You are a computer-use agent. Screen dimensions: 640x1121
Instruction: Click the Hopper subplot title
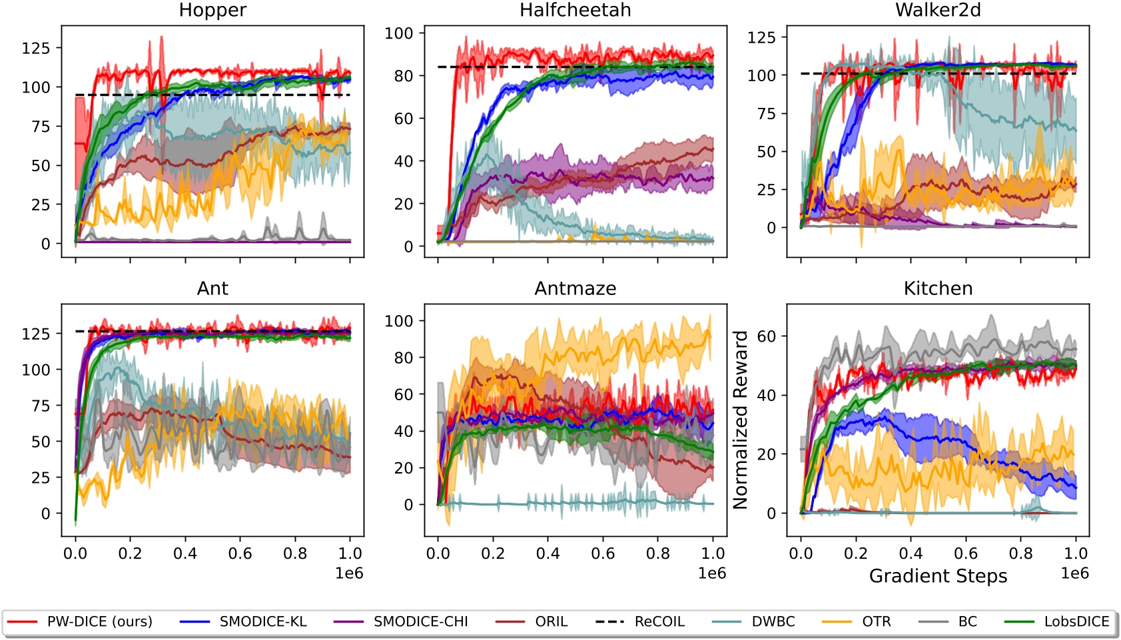[212, 11]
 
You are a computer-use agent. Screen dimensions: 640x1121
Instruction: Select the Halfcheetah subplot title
[575, 11]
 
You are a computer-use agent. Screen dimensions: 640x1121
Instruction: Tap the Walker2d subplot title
[938, 11]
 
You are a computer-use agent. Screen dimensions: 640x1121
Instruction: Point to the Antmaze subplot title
[575, 288]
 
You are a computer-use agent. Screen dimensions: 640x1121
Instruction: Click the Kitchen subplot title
[938, 288]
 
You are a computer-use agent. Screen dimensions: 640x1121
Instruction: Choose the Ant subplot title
[212, 288]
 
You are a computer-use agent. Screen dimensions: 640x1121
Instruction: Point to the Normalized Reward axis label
[741, 420]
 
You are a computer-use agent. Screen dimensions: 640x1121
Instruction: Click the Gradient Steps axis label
[938, 576]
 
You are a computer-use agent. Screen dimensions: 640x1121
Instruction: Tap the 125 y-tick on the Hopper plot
[36, 48]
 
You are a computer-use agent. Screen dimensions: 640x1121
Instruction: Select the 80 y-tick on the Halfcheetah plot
[404, 76]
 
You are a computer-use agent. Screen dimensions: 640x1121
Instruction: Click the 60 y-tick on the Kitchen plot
[767, 336]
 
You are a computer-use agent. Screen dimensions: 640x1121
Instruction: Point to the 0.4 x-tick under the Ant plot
[185, 553]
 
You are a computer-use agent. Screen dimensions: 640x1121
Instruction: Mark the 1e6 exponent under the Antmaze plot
[711, 573]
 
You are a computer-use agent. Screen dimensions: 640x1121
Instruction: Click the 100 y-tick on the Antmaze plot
[399, 321]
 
